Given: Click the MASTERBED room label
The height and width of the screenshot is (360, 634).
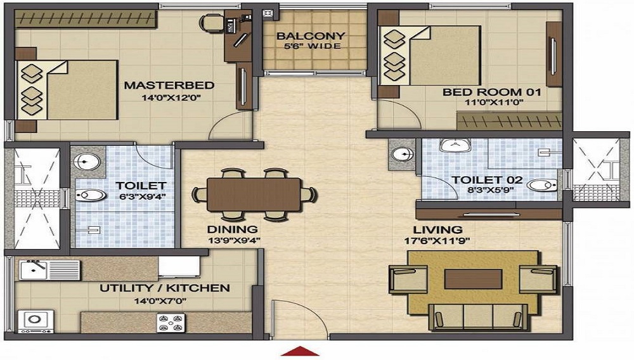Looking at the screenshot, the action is coord(169,86).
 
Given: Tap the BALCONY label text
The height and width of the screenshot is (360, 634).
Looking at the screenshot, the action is coord(311,35).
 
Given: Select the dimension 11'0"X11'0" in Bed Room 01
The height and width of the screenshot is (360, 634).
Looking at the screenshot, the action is coord(494,102).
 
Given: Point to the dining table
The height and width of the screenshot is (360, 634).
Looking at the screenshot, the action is coord(254,195).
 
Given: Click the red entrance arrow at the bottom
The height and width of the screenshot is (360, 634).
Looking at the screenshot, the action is coord(300,351).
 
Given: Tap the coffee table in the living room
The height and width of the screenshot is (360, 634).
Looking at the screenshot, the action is coord(473,280).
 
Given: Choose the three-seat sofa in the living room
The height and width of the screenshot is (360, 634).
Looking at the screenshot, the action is coord(478,317).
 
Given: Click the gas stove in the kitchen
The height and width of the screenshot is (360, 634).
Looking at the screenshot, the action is coord(171,323).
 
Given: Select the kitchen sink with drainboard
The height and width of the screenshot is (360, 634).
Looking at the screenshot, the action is coord(49,270).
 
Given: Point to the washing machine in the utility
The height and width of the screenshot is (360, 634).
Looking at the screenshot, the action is coord(36,321).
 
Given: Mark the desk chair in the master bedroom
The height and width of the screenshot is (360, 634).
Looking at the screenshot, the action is coord(211,23).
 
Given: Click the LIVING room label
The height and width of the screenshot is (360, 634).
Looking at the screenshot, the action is coord(437,230).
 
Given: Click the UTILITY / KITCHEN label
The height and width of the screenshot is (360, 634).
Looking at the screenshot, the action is coord(165,288).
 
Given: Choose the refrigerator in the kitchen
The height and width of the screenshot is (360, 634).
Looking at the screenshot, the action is coord(179,266).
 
